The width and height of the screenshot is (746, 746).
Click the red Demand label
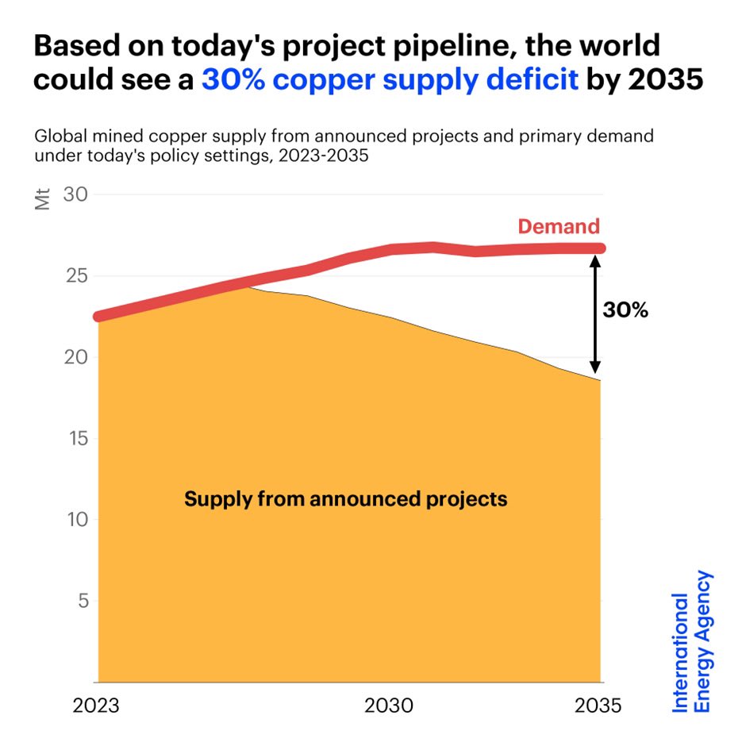coord(558,226)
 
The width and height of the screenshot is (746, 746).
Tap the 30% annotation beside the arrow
coord(625,310)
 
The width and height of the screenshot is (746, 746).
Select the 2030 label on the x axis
coord(389,706)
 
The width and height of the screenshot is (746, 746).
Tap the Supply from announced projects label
coord(345,499)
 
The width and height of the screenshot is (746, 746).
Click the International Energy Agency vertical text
coord(692,641)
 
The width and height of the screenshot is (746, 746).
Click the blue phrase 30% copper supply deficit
coord(390,80)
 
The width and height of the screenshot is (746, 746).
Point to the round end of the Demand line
coord(600,248)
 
